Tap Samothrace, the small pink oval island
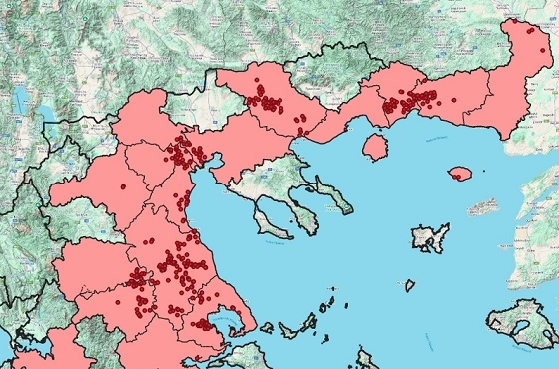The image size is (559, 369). [x=460, y=174]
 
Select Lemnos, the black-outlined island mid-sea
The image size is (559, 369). [x=430, y=238]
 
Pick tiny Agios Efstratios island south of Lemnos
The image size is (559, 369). [x=408, y=285]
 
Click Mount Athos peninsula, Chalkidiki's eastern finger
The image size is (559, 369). [x=335, y=195]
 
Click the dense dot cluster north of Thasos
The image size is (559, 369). [x=409, y=101]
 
